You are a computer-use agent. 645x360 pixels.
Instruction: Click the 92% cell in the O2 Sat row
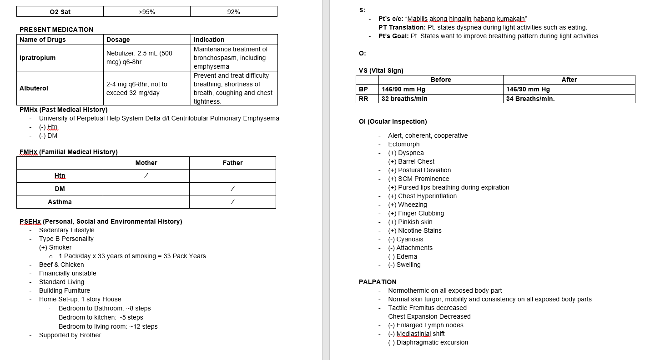click(x=233, y=12)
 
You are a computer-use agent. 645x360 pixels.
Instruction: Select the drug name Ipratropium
click(x=37, y=58)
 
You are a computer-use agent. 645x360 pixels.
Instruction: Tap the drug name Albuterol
click(x=34, y=88)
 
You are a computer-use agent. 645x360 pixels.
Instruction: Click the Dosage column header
click(x=118, y=40)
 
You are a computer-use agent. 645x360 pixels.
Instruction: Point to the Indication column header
click(x=209, y=40)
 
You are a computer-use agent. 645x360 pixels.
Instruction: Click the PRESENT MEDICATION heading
click(x=56, y=30)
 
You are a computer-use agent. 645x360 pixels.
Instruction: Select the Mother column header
click(x=146, y=163)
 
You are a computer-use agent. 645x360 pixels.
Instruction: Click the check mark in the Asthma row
click(x=232, y=202)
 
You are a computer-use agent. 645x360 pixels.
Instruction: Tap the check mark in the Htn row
click(x=146, y=175)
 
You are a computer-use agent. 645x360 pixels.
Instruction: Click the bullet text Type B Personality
click(x=66, y=239)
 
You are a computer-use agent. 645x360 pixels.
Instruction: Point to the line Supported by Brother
click(x=70, y=335)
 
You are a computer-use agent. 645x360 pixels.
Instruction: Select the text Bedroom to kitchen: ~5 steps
click(x=101, y=317)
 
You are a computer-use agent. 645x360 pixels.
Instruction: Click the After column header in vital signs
click(x=569, y=80)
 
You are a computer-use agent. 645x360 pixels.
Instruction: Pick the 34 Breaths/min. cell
click(x=530, y=99)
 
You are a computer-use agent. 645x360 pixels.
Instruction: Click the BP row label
click(x=363, y=89)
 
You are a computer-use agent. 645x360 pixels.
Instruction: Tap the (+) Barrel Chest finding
click(x=411, y=161)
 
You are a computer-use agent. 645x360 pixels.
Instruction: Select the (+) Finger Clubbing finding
click(x=416, y=213)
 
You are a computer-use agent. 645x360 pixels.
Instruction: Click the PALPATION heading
click(x=378, y=282)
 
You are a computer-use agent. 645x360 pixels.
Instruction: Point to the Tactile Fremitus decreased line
click(x=428, y=308)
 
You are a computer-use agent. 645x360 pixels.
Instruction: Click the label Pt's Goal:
click(x=393, y=36)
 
